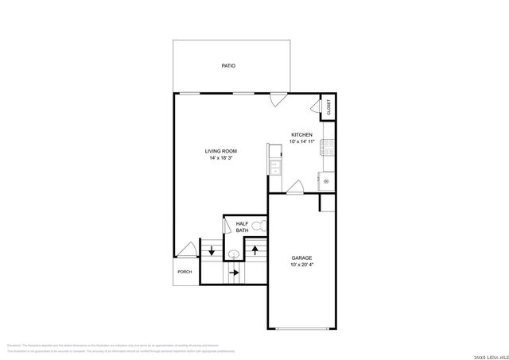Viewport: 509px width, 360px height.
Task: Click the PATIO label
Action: click(x=228, y=66)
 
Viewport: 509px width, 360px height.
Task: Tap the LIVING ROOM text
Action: click(x=220, y=151)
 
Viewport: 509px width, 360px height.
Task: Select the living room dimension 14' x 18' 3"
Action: click(x=220, y=158)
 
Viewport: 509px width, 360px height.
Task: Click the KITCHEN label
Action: click(x=301, y=135)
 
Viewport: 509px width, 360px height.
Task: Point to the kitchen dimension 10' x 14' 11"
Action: click(x=301, y=142)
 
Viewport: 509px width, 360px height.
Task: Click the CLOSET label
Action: click(x=328, y=107)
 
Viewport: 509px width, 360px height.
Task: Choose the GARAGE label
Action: click(x=301, y=258)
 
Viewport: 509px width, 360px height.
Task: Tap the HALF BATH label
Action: click(x=242, y=227)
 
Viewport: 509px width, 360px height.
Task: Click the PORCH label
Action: click(x=185, y=272)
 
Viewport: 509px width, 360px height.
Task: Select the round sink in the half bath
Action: click(x=234, y=254)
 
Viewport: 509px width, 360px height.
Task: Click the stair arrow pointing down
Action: click(x=212, y=251)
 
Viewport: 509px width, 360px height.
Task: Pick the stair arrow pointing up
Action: click(x=254, y=250)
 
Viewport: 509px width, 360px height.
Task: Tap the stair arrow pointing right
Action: click(x=235, y=273)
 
